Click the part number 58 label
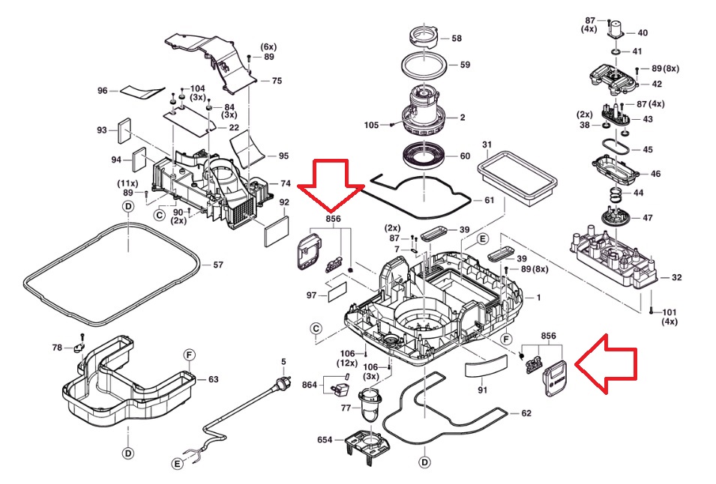pos(457,37)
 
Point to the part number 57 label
pos(218,265)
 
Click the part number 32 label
pos(677,278)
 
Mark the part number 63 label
pos(213,379)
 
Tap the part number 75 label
pos(277,81)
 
